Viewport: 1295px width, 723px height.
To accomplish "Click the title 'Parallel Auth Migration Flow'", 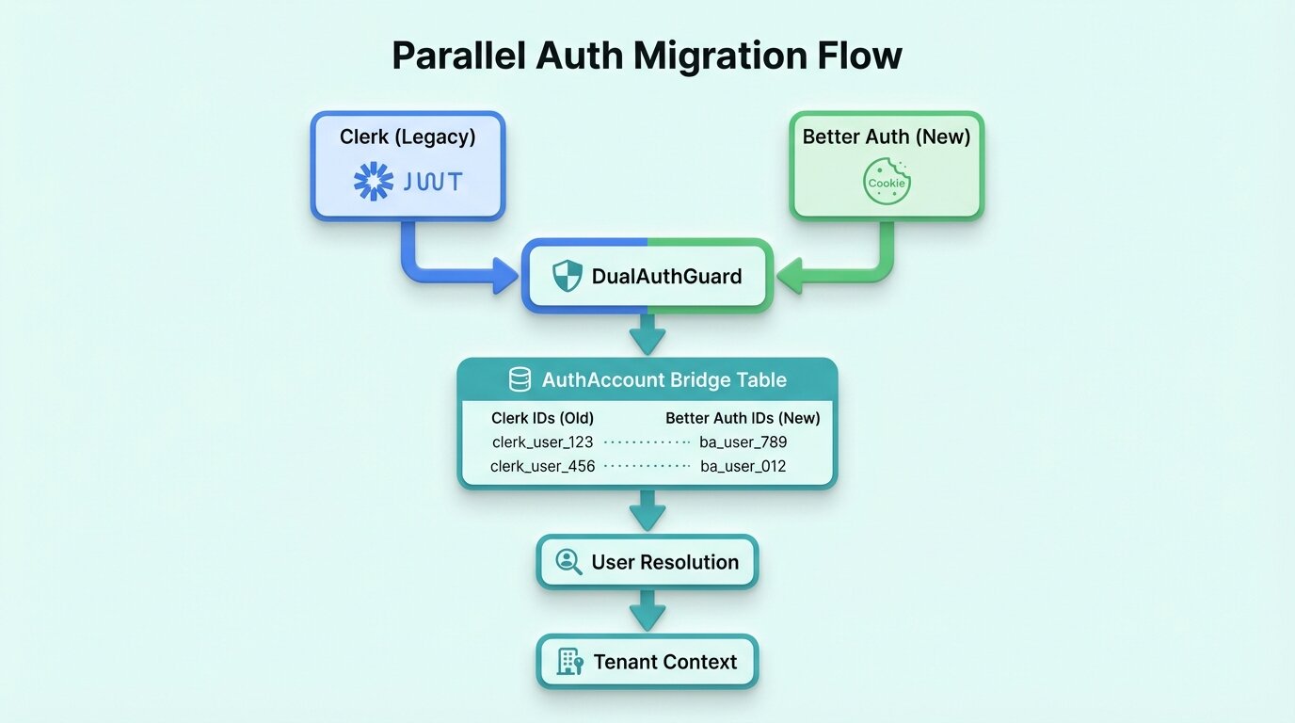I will (647, 56).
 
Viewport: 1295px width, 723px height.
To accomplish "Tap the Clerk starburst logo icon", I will (374, 181).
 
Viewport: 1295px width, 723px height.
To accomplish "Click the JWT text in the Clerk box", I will (432, 182).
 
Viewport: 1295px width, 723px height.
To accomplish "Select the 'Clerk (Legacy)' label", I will (408, 137).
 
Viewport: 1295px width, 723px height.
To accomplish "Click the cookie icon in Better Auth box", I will (887, 182).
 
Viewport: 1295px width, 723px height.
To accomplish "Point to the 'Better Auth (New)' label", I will (887, 137).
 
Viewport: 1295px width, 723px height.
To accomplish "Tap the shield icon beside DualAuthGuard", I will (567, 277).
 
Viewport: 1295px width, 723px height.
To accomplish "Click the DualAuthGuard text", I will (666, 277).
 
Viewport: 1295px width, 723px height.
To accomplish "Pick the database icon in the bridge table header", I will (520, 380).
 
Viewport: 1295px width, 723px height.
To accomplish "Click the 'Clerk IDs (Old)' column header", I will (542, 418).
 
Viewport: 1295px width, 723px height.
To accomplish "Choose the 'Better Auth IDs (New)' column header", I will (743, 418).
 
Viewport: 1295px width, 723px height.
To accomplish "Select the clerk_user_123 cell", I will (542, 442).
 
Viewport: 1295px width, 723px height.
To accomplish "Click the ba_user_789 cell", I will (743, 442).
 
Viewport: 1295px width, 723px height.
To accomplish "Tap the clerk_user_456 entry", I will (542, 466).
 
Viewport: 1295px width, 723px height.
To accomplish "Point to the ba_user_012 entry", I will (743, 466).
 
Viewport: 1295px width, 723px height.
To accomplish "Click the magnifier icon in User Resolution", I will (568, 562).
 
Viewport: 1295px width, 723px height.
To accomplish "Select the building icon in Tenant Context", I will (569, 662).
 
